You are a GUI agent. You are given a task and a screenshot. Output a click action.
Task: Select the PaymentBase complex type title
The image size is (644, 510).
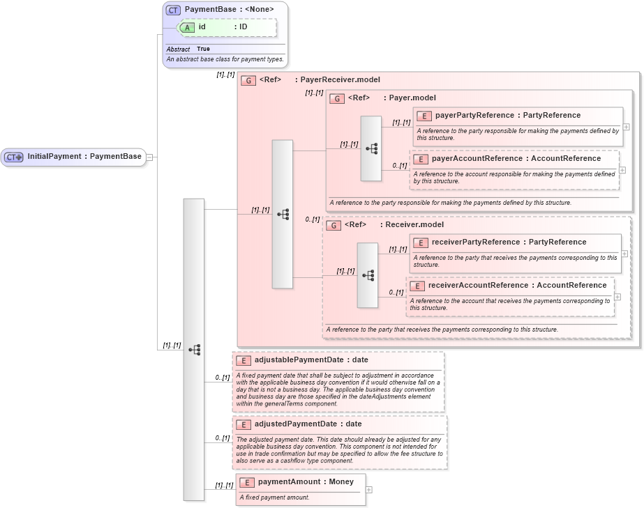tap(229, 9)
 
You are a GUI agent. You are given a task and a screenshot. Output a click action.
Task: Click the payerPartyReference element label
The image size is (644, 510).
tap(507, 115)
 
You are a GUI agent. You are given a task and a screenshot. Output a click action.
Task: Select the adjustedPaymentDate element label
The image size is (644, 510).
tap(308, 424)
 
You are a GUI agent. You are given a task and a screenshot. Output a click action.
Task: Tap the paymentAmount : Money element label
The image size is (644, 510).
tap(306, 481)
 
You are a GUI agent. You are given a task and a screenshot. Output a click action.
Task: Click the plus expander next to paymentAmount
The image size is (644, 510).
tap(369, 490)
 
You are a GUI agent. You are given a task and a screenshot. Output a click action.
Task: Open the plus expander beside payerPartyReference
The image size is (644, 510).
tap(626, 127)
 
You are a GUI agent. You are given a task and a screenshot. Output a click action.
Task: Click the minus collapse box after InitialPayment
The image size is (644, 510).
tap(149, 157)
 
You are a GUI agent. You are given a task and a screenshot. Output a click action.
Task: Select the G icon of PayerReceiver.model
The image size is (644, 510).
tap(248, 80)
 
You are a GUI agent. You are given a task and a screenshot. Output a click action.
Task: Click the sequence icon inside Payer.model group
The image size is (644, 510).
tap(371, 148)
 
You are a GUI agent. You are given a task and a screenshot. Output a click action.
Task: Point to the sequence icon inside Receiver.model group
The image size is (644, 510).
tap(368, 275)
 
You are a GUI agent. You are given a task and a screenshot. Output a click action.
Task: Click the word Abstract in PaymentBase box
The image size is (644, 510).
tap(178, 49)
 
